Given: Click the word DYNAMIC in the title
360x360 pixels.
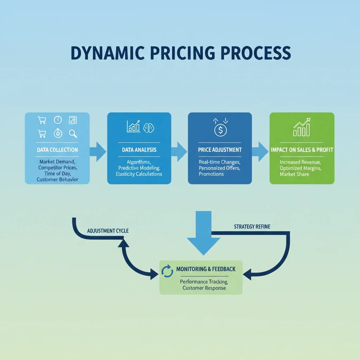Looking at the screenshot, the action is click(108, 53).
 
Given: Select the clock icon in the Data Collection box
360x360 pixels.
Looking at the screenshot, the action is click(58, 120).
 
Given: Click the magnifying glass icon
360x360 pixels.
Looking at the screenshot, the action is click(73, 134).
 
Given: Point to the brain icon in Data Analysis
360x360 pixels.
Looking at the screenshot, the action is click(149, 128).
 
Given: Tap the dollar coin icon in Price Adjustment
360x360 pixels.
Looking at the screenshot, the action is click(220, 130).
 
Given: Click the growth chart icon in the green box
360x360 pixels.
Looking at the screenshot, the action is click(302, 127).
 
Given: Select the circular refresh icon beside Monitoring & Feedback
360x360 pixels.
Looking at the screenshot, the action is click(167, 271).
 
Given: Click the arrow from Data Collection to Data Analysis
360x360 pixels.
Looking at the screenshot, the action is click(98, 152).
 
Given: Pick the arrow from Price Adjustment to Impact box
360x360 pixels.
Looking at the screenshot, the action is click(261, 152).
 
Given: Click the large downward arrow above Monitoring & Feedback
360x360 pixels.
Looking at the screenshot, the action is click(204, 233).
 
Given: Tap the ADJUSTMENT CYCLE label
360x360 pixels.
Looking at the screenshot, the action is click(108, 231).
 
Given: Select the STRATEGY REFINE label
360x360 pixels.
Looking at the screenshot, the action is click(252, 227).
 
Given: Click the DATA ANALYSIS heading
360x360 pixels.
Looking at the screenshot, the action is click(139, 150).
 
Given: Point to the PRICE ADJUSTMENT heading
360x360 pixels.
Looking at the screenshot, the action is click(220, 150).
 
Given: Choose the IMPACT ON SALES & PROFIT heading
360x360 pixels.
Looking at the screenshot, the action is click(302, 150).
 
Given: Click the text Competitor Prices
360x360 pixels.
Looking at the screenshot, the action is click(58, 168).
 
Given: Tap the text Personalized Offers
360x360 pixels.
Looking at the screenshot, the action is click(219, 168).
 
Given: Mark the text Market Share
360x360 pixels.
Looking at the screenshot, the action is click(294, 174).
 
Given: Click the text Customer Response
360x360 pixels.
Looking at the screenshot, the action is click(204, 288).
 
